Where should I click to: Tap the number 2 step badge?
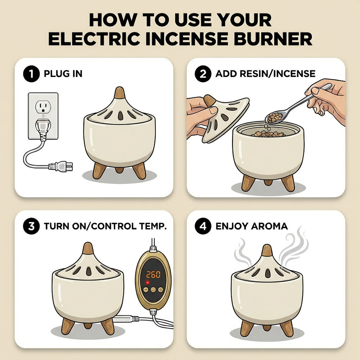[202, 74]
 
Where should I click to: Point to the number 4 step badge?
[202, 226]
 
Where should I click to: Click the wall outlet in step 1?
[43, 115]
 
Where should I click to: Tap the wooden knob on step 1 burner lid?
[119, 93]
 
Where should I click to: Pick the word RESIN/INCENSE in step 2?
[275, 74]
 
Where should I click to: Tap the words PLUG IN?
[63, 74]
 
